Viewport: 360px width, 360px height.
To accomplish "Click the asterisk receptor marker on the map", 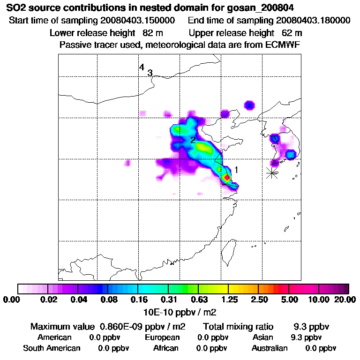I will [272, 173].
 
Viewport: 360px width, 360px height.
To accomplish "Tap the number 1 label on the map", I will [237, 170].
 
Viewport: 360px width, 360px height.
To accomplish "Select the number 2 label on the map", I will [193, 140].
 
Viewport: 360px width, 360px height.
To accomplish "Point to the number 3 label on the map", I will [150, 73].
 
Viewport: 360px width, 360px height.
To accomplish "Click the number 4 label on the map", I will [142, 67].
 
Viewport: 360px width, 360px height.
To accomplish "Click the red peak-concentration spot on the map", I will [227, 178].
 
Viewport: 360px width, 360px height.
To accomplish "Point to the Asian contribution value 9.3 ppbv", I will [306, 337].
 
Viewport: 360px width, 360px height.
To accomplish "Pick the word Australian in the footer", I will [270, 348].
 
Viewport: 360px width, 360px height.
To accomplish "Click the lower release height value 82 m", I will [149, 33].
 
